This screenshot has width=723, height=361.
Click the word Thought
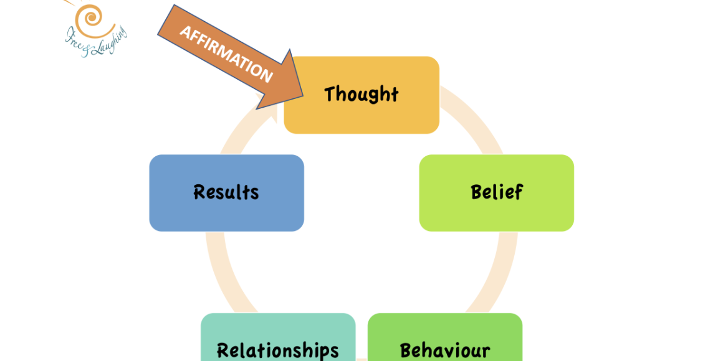[361, 94]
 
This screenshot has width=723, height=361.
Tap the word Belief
[497, 192]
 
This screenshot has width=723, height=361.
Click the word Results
[226, 192]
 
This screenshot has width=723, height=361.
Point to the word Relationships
[278, 350]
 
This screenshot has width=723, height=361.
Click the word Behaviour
[445, 350]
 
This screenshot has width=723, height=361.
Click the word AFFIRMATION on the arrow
[226, 54]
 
